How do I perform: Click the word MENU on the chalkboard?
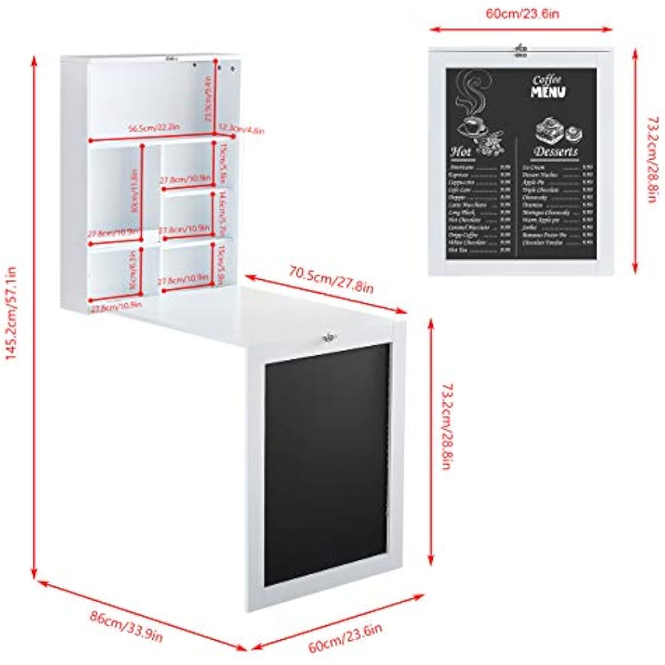548,92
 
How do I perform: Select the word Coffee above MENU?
547,80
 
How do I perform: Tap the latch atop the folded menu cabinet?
521,49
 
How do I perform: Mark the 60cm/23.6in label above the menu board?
520,13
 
